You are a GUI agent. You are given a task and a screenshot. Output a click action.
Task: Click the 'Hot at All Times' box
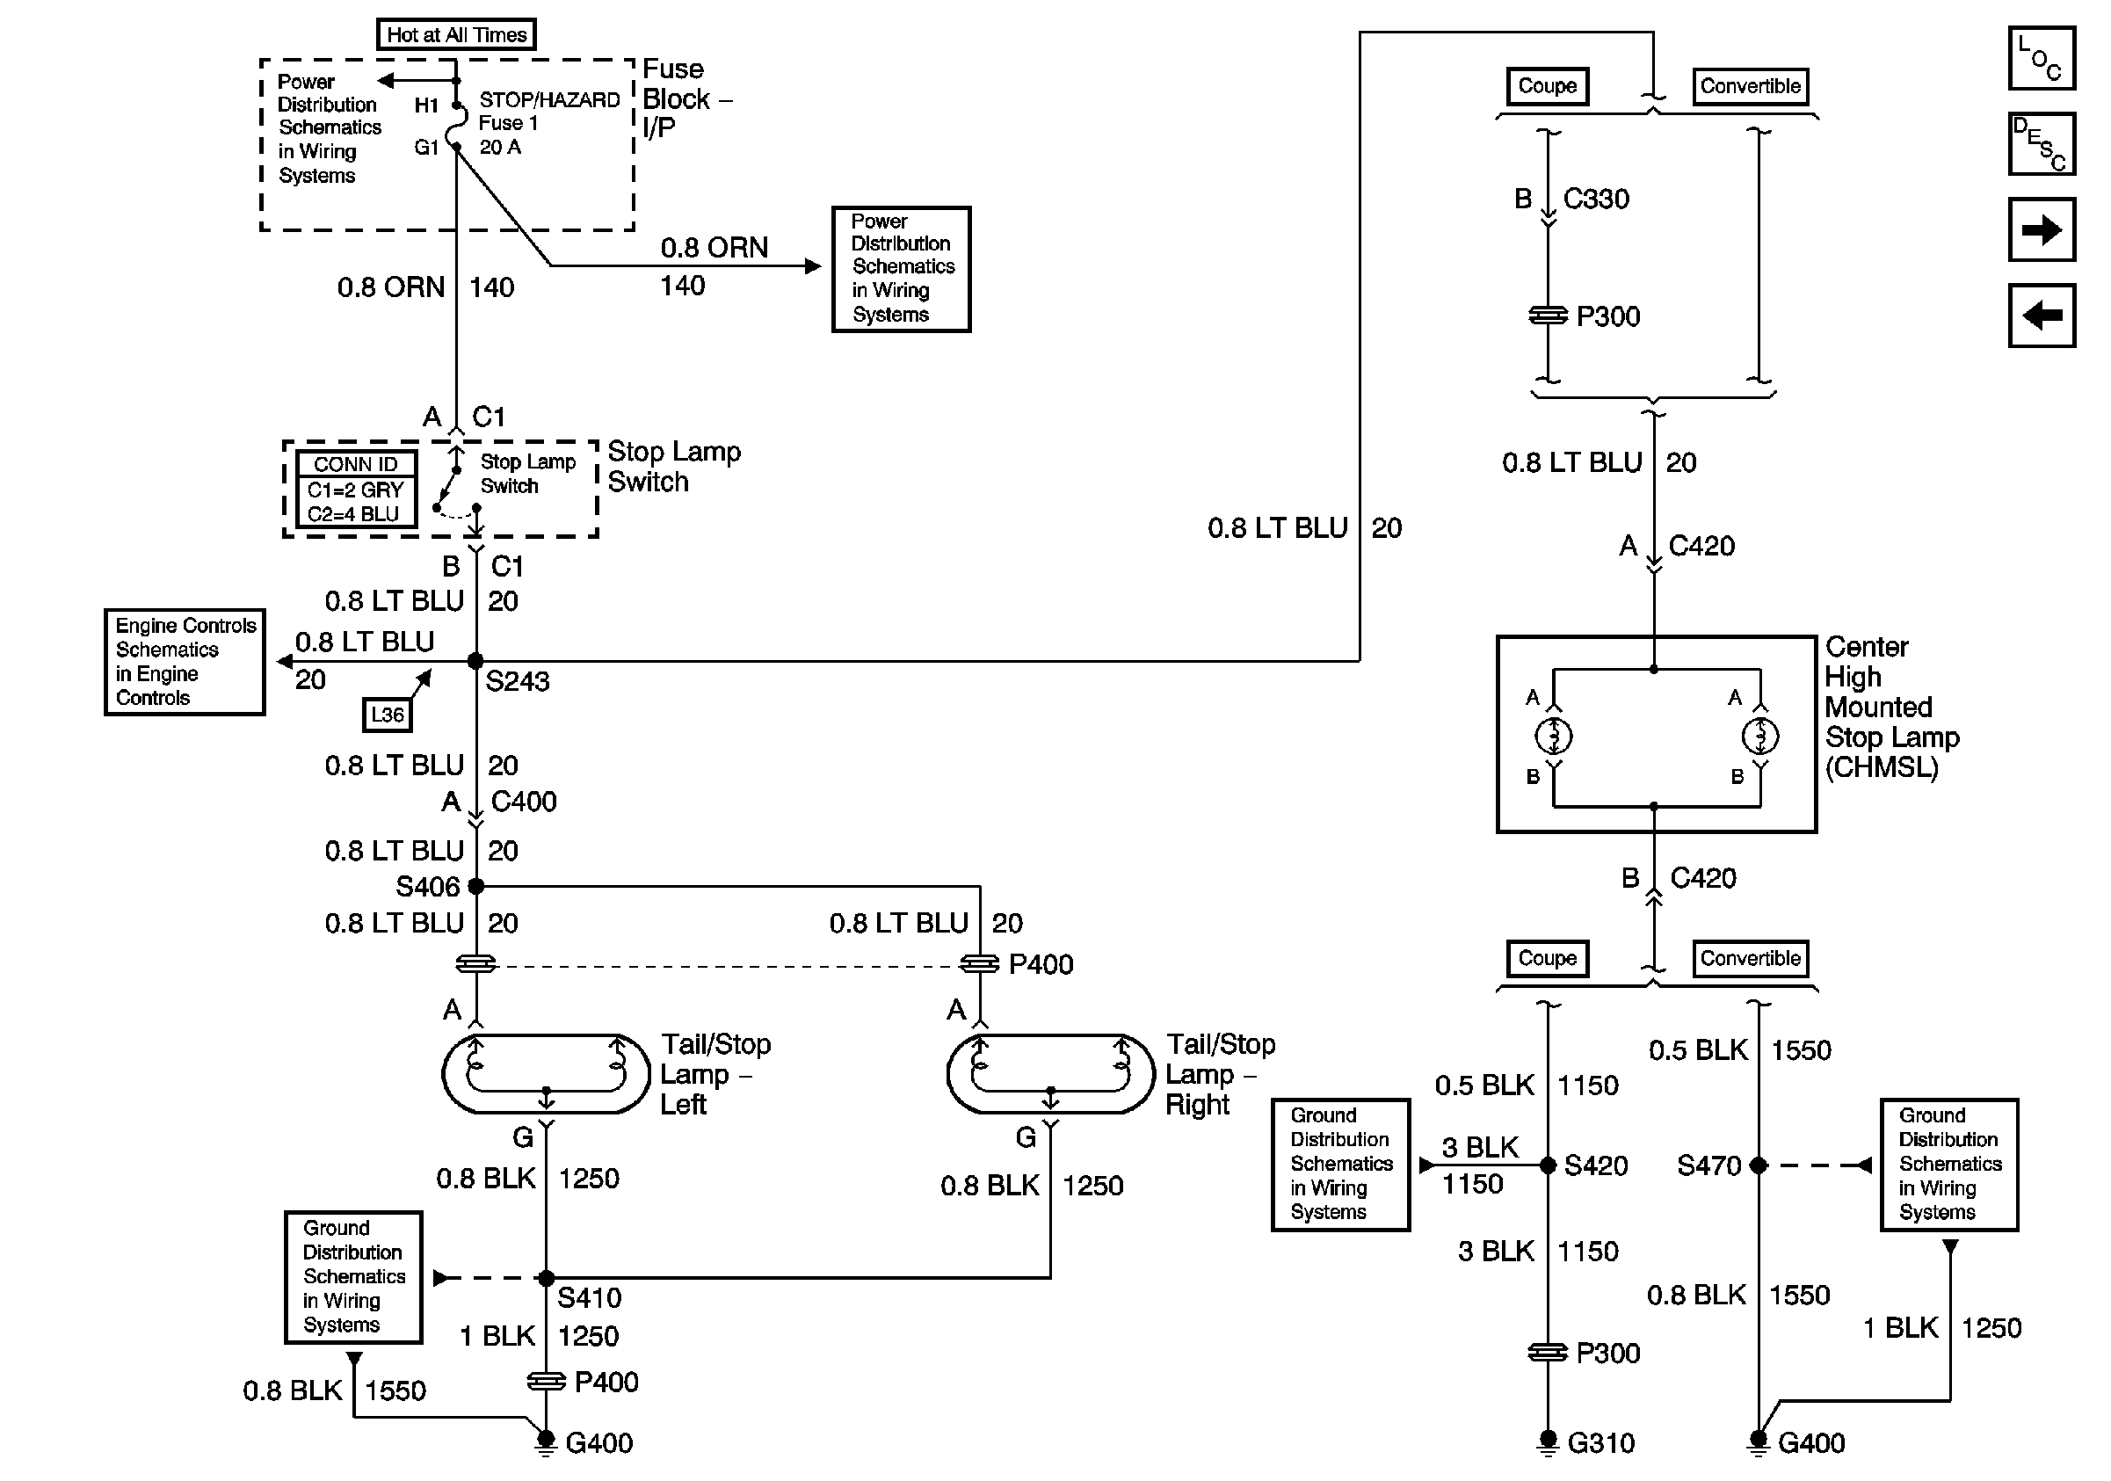(x=456, y=35)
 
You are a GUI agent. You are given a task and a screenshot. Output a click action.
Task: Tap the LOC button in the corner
(x=2041, y=58)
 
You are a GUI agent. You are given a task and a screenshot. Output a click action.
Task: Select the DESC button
(x=2041, y=143)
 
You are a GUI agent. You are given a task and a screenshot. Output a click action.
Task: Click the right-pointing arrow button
(x=2041, y=229)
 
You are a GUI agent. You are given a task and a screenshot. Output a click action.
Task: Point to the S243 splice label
(x=517, y=681)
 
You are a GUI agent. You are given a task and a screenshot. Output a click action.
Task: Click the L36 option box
(x=387, y=715)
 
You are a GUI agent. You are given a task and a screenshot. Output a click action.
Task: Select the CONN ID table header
(x=356, y=464)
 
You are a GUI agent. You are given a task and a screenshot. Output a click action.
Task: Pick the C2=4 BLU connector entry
(x=354, y=514)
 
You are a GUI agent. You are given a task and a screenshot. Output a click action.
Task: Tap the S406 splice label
(x=427, y=886)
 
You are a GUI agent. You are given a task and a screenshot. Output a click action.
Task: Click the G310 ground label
(x=1600, y=1442)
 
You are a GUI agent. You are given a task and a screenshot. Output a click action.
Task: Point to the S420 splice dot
(x=1548, y=1165)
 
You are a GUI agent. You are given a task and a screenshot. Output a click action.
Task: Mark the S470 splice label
(x=1708, y=1165)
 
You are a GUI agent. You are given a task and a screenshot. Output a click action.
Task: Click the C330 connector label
(x=1596, y=199)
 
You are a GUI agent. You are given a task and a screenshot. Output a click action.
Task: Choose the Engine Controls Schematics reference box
(x=185, y=662)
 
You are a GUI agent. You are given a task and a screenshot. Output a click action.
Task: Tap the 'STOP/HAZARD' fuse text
(x=550, y=100)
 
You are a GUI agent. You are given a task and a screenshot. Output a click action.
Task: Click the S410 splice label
(x=590, y=1298)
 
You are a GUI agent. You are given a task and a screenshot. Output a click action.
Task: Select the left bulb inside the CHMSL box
(x=1554, y=736)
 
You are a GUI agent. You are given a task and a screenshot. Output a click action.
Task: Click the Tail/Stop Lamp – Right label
(x=1219, y=1074)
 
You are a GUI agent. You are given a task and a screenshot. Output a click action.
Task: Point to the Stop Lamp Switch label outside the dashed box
(x=674, y=466)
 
